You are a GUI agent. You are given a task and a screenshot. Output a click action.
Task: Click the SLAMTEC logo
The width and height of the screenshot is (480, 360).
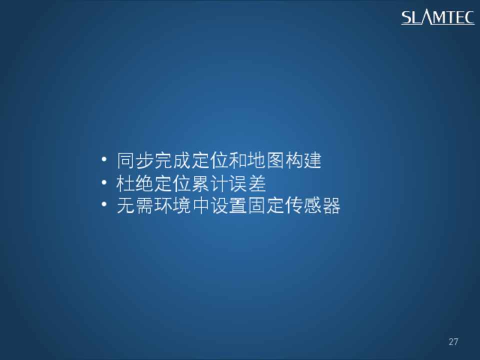[438, 17]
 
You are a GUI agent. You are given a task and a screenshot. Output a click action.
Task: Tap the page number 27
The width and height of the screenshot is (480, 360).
[453, 341]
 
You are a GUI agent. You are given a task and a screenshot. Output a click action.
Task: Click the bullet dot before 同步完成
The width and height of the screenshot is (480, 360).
[104, 159]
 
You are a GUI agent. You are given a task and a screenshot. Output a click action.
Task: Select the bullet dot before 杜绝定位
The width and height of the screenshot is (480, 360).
[104, 182]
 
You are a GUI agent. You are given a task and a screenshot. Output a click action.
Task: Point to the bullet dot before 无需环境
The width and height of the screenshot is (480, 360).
[104, 204]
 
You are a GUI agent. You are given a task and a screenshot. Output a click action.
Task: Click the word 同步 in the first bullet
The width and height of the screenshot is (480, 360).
[135, 160]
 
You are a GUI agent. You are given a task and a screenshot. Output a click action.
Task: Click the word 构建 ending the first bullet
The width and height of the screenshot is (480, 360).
[303, 160]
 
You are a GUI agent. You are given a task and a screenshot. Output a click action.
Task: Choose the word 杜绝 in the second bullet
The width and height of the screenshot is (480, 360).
[134, 183]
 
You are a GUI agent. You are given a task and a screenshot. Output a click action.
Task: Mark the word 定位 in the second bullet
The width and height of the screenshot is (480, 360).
[172, 183]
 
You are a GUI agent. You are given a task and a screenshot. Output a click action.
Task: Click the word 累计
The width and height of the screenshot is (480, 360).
[209, 183]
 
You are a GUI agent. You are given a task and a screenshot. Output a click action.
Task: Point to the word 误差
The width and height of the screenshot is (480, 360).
[247, 183]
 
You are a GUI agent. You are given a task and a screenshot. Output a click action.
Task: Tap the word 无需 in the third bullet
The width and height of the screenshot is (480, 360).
[135, 205]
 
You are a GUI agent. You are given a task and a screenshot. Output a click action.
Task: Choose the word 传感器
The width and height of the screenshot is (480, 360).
[312, 205]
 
